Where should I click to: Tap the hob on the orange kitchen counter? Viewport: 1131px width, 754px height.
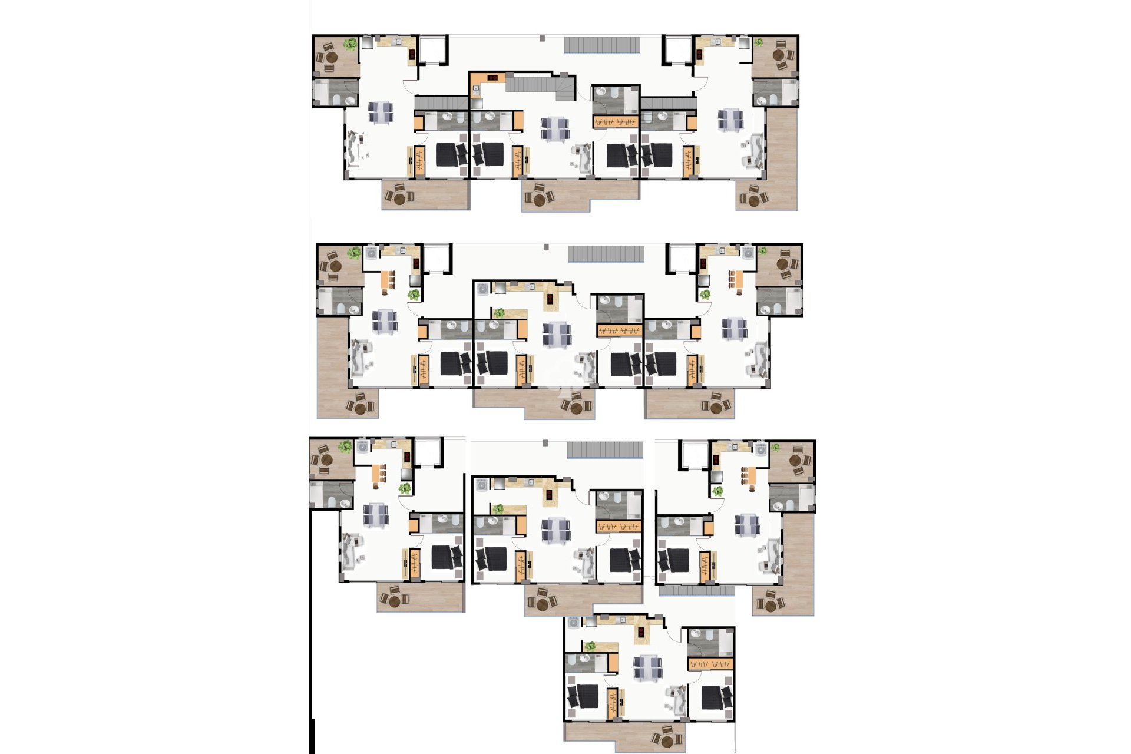coord(492,77)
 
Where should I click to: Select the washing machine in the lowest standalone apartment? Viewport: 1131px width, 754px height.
coord(574,622)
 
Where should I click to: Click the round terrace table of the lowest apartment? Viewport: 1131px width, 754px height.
coord(667,739)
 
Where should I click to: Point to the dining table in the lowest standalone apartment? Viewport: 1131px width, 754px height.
coord(647,667)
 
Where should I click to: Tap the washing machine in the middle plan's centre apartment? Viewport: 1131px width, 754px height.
coord(483,289)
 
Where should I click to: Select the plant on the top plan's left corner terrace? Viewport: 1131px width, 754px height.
coord(350,44)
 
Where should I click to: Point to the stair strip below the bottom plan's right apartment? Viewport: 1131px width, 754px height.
coord(696,590)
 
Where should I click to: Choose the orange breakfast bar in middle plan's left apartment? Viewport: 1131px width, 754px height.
coord(389,280)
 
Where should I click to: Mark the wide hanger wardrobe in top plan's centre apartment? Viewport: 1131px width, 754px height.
coord(616,123)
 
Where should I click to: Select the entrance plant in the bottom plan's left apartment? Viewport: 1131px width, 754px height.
coord(405,488)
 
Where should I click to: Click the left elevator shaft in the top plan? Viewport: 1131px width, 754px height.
coord(433,50)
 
